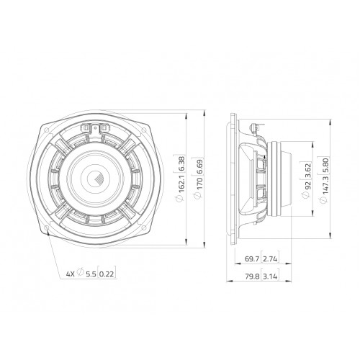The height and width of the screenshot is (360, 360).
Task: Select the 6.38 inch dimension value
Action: tap(181, 163)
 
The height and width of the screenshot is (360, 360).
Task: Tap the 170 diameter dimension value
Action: tap(199, 183)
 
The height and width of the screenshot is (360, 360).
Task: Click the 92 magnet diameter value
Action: tap(308, 186)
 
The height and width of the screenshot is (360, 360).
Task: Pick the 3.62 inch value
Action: tap(308, 171)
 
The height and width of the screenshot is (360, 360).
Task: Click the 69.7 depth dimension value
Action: tap(252, 259)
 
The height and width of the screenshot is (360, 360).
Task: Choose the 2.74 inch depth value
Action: tap(270, 259)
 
